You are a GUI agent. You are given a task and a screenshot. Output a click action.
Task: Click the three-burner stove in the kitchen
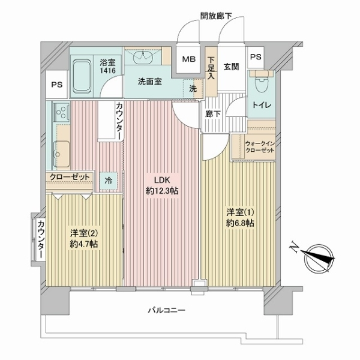(62, 112)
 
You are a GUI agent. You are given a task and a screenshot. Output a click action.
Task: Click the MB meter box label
(188, 59)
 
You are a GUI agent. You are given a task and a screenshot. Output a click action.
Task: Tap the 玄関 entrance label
(232, 67)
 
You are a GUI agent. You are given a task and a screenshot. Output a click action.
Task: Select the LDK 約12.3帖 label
(162, 185)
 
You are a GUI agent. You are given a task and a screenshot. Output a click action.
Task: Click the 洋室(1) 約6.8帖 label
(240, 218)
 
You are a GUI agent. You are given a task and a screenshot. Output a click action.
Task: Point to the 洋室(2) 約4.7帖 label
(84, 239)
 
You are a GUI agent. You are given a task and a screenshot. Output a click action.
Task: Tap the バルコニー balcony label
(166, 311)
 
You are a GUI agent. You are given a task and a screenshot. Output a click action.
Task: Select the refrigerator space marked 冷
(109, 181)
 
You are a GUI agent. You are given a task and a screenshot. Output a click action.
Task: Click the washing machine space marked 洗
(193, 89)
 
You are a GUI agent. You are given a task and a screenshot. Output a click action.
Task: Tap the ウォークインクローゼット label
(260, 147)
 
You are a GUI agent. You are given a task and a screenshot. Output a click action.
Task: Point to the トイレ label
(262, 105)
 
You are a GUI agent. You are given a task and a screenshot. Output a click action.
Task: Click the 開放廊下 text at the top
(216, 16)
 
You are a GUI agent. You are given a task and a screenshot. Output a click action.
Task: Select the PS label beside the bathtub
(57, 85)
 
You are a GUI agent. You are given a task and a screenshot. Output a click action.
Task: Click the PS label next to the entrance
(256, 57)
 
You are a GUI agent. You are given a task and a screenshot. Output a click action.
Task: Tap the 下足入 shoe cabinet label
(211, 68)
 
